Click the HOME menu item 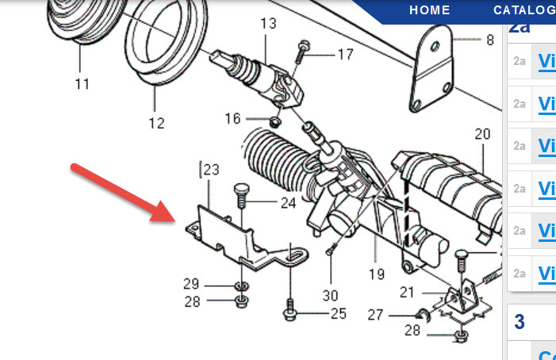pyautogui.click(x=429, y=10)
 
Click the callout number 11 pyautogui.click(x=82, y=82)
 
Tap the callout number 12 pyautogui.click(x=155, y=123)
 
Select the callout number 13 pyautogui.click(x=266, y=24)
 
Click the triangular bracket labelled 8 pyautogui.click(x=433, y=72)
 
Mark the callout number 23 pyautogui.click(x=210, y=170)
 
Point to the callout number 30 pyautogui.click(x=330, y=295)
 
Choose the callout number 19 pyautogui.click(x=377, y=274)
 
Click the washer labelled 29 pyautogui.click(x=242, y=285)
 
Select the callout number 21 pyautogui.click(x=407, y=293)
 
